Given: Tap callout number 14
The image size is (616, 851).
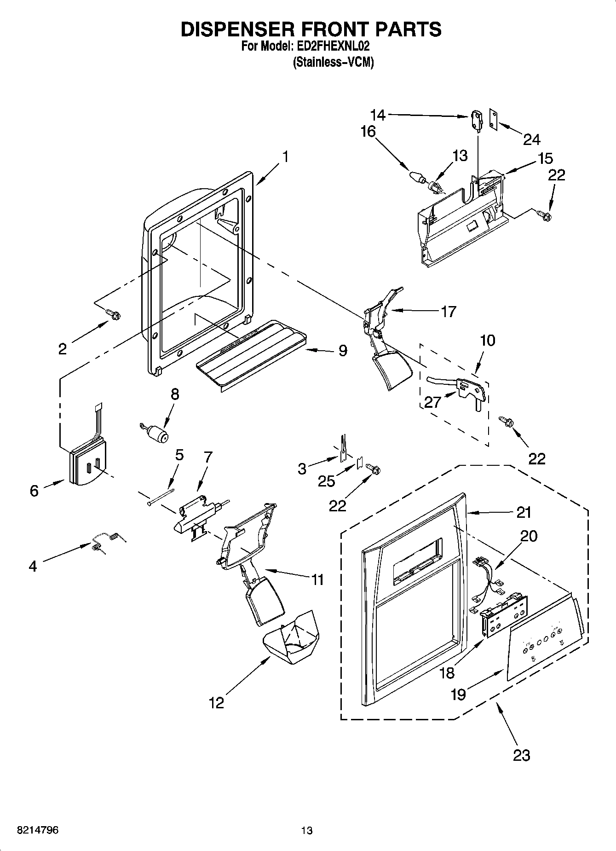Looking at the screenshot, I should [379, 114].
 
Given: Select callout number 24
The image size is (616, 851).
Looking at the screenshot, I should [531, 139].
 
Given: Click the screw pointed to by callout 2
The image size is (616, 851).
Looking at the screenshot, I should [114, 314].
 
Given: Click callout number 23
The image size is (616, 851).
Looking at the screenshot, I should [521, 755].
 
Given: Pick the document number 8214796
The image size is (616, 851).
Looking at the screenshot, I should [37, 830].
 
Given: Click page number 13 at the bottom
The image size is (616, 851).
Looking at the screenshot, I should [306, 830].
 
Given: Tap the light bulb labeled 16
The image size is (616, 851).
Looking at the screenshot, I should [416, 177].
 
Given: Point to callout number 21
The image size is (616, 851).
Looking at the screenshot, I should [524, 512].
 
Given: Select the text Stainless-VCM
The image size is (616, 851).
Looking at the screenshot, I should [333, 62].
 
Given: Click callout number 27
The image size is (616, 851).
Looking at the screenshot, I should [432, 402].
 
